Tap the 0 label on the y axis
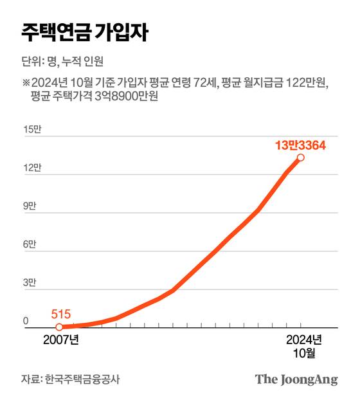(x=26, y=321)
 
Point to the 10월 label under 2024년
(x=303, y=352)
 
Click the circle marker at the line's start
(x=59, y=327)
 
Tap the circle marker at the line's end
(x=300, y=157)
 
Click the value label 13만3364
(x=300, y=145)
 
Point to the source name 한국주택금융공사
(x=82, y=379)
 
